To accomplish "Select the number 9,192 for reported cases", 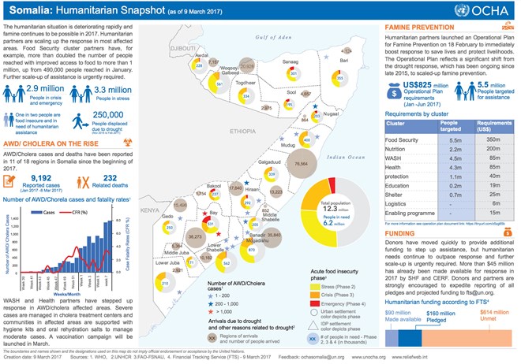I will (x=31, y=156).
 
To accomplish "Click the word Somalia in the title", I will (x=32, y=10).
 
